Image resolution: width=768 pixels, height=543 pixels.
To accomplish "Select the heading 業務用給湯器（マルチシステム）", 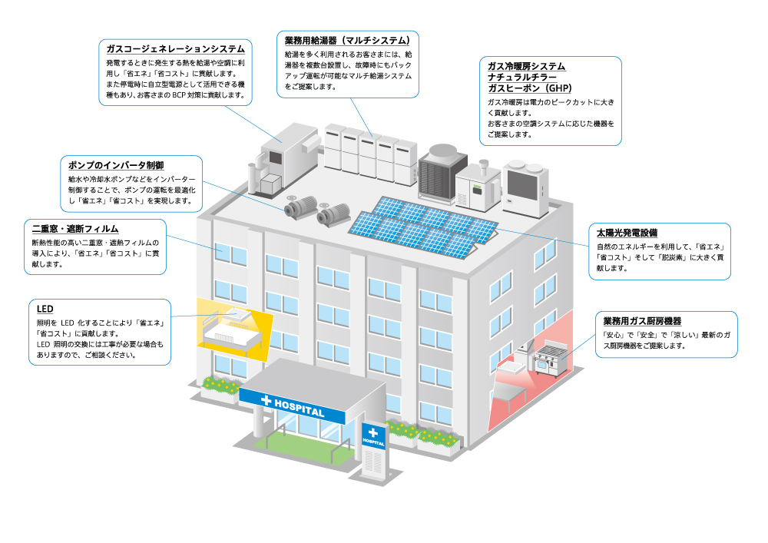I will (x=346, y=40).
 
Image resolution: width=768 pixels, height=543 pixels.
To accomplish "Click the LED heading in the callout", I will (x=45, y=308).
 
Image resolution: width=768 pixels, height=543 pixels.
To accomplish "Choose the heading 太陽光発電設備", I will (x=627, y=232).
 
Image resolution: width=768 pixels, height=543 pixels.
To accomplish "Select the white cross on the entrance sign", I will (x=266, y=401).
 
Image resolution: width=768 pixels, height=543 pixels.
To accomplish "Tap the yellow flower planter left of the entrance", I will (x=220, y=386).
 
